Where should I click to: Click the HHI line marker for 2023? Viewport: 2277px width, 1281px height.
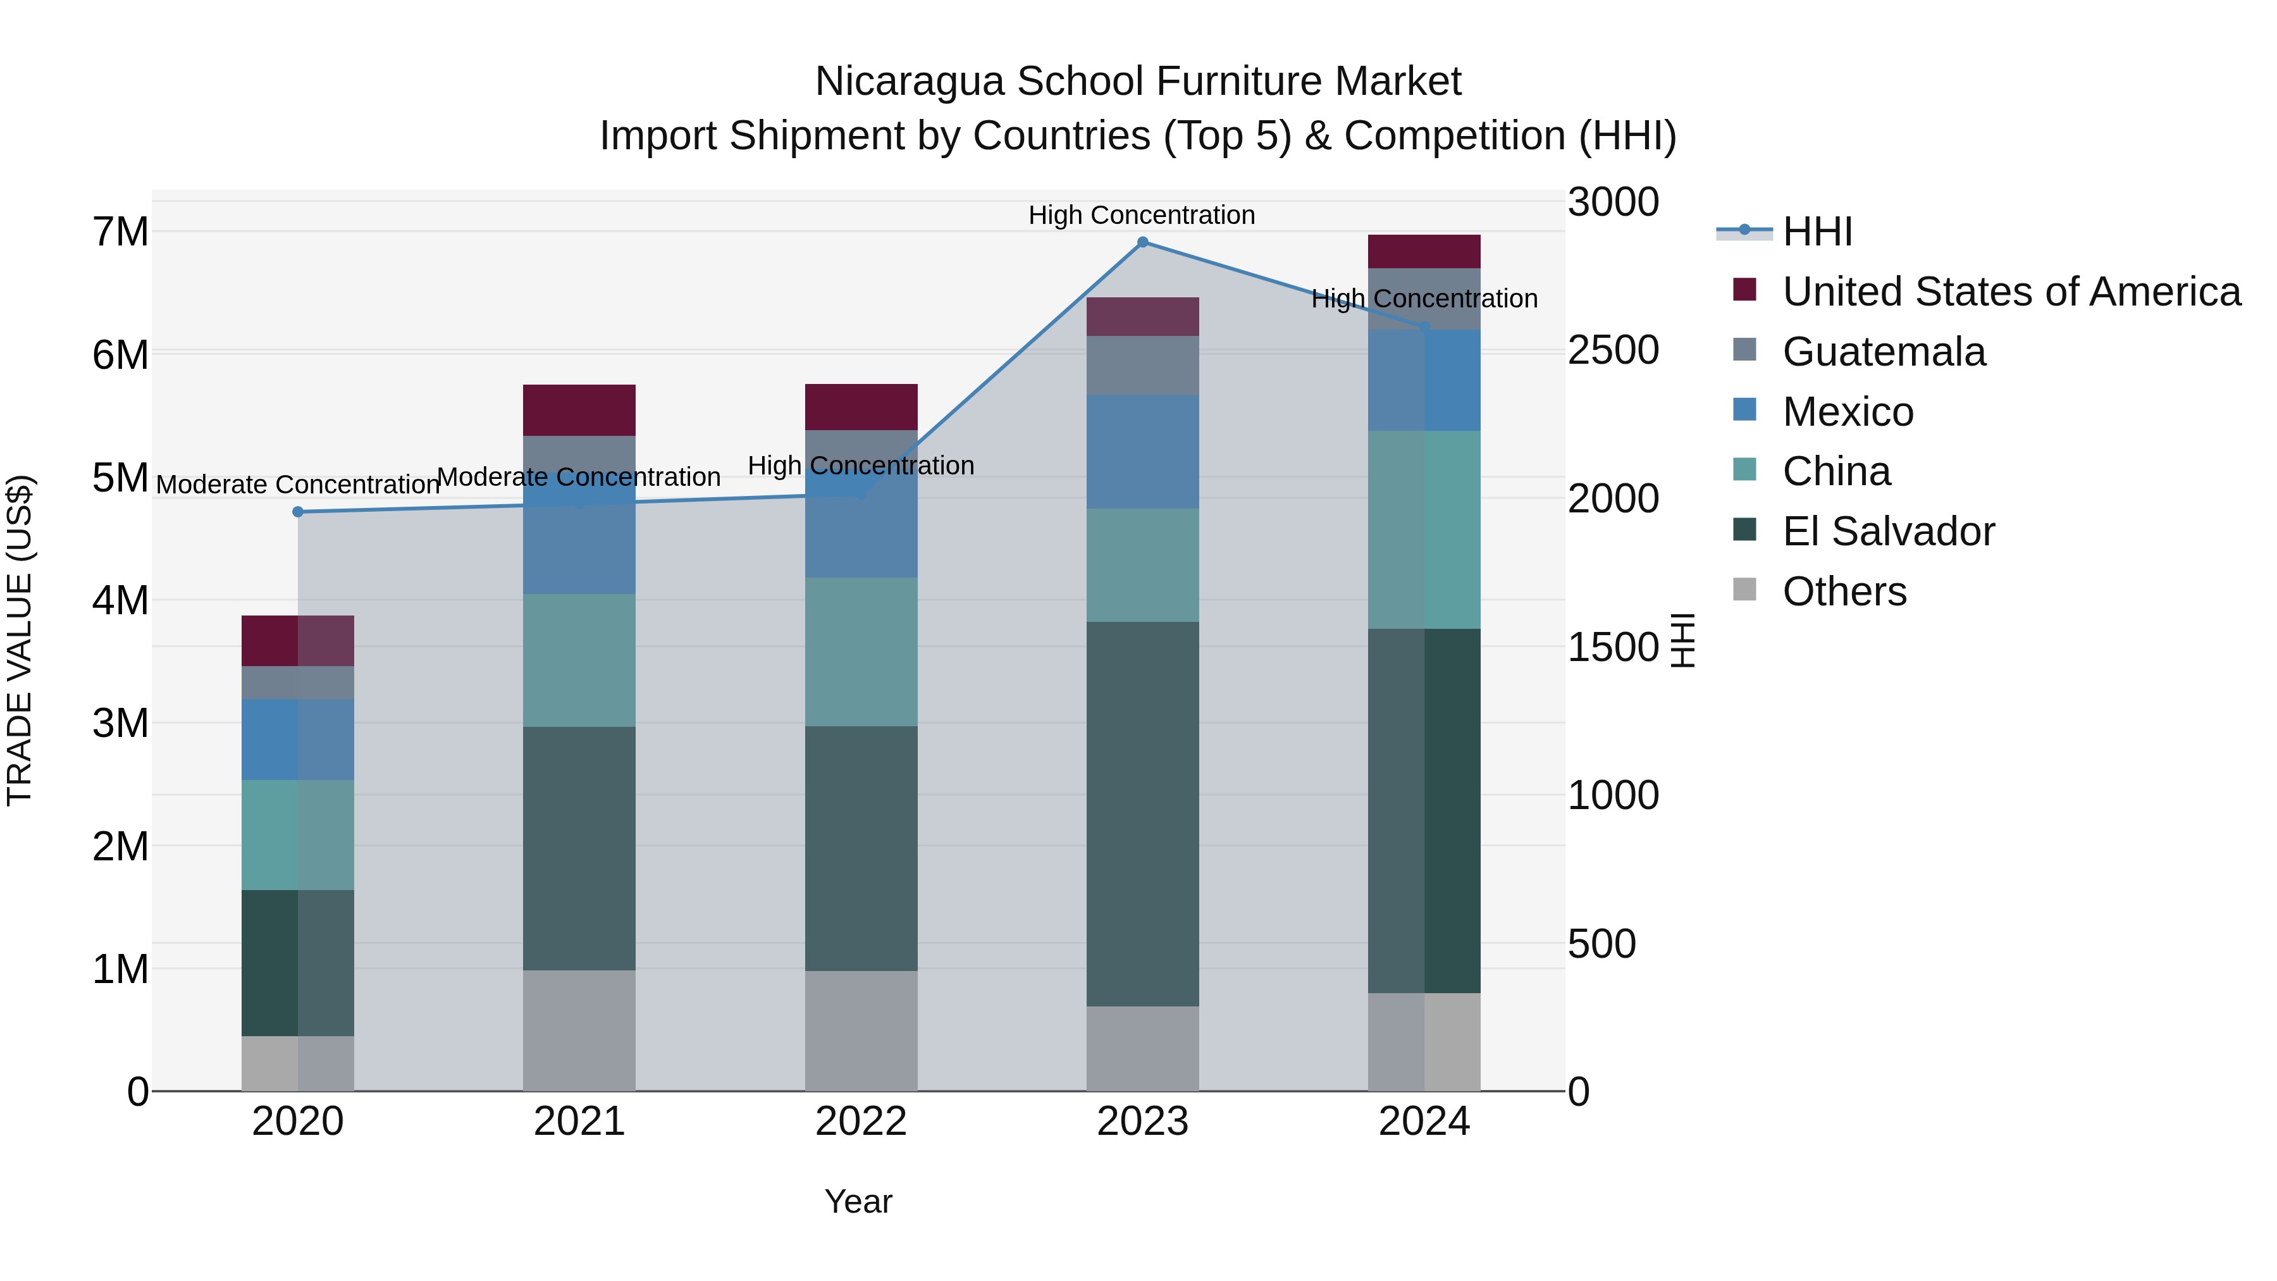pyautogui.click(x=1142, y=242)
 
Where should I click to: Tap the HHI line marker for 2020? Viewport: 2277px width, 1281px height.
pyautogui.click(x=298, y=512)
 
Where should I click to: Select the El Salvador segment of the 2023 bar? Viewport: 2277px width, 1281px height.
pyautogui.click(x=1142, y=814)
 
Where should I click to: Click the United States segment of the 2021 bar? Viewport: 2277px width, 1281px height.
pyautogui.click(x=579, y=410)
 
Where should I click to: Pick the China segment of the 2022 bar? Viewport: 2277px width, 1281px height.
pyautogui.click(x=861, y=652)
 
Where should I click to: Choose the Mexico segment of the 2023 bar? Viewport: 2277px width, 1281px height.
pyautogui.click(x=1142, y=451)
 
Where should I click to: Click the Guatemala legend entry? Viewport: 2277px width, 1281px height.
pyautogui.click(x=1884, y=352)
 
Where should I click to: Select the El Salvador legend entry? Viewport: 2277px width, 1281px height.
pyautogui.click(x=1888, y=531)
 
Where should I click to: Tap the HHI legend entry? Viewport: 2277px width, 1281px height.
pyautogui.click(x=1817, y=232)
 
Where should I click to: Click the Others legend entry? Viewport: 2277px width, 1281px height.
pyautogui.click(x=1844, y=591)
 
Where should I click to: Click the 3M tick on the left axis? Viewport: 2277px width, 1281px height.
pyautogui.click(x=120, y=723)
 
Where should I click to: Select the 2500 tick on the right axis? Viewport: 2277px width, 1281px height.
pyautogui.click(x=1612, y=350)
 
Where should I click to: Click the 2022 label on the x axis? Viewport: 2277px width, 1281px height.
pyautogui.click(x=861, y=1122)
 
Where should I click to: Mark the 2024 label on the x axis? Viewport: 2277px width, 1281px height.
pyautogui.click(x=1424, y=1122)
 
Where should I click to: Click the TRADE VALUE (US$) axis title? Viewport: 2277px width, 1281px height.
pyautogui.click(x=20, y=640)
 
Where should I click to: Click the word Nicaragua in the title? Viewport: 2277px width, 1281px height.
pyautogui.click(x=910, y=82)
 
